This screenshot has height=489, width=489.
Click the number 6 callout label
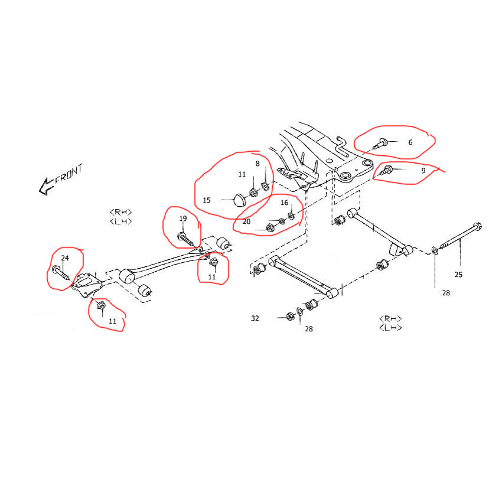[410, 142]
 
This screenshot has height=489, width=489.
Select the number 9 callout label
[423, 170]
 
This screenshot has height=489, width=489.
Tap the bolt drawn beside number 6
[381, 142]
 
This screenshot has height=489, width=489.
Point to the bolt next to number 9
[387, 171]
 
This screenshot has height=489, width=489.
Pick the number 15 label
[207, 200]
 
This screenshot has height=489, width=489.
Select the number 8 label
[257, 163]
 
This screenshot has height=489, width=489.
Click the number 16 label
[284, 202]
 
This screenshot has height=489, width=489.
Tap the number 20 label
[246, 221]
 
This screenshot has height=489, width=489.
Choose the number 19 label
[183, 219]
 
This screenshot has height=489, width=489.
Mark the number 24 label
[65, 258]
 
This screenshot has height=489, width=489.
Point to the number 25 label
[458, 274]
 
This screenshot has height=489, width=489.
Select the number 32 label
[255, 318]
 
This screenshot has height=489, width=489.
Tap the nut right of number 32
[290, 315]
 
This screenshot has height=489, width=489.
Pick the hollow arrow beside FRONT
[45, 187]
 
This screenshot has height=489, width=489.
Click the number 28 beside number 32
[309, 329]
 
